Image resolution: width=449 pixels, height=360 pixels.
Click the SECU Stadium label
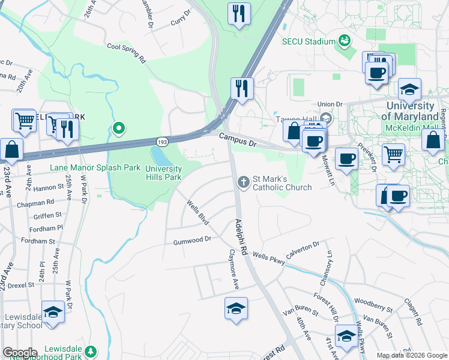pos(308,41)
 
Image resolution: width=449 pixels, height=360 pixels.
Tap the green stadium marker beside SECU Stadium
pos(344,41)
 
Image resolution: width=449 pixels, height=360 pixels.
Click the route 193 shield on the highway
pos(162,142)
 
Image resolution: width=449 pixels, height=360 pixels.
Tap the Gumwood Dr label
pos(192,239)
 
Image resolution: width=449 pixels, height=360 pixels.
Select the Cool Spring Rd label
pos(126,53)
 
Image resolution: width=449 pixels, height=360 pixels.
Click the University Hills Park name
pos(163,173)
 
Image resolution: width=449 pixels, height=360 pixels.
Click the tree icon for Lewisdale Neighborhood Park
pos(91,350)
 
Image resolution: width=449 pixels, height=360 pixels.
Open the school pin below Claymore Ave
pos(236,310)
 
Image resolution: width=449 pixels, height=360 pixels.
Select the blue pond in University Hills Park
pos(158,157)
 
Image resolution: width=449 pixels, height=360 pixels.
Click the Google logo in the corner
pos(19,353)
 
